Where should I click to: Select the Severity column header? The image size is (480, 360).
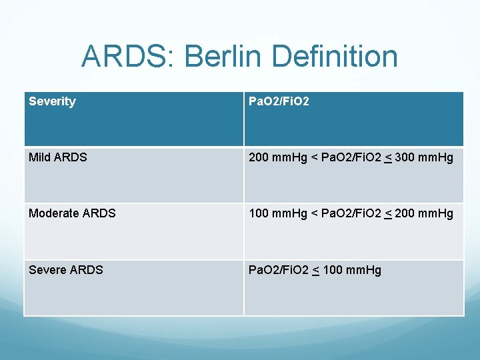52,101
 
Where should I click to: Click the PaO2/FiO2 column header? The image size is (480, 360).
278,101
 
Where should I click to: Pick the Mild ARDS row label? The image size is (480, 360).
57,157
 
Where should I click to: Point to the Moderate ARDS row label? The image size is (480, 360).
72,213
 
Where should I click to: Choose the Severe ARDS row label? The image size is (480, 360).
66,269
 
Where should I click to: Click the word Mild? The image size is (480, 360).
41,157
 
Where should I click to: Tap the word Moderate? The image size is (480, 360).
55,213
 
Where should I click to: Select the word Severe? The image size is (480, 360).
48,269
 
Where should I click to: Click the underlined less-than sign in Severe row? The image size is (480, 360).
315,270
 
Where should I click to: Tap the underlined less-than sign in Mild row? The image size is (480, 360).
387,158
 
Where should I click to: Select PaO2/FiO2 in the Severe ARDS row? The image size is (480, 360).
278,269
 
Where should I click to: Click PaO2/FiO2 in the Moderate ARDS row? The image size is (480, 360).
350,213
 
